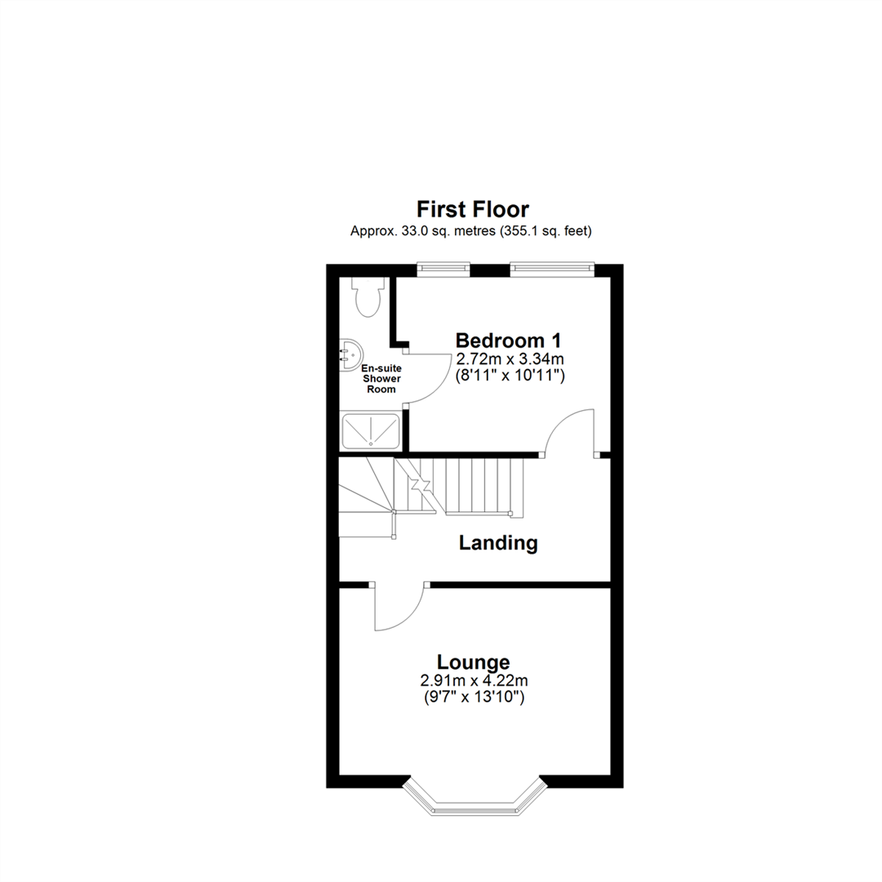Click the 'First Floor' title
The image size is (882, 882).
tap(473, 209)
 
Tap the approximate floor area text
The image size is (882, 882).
tap(471, 231)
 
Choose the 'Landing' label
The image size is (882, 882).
tap(498, 542)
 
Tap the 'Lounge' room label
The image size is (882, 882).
tap(473, 662)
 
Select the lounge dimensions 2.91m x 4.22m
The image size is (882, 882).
tap(473, 680)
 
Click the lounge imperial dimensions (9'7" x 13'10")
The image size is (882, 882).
tap(473, 697)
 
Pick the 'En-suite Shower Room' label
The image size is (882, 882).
tap(380, 379)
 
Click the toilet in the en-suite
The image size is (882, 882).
tap(367, 296)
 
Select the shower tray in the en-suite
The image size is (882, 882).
tap(372, 430)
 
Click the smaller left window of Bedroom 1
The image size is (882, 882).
tap(443, 269)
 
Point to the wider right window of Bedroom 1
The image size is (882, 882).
tap(550, 269)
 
